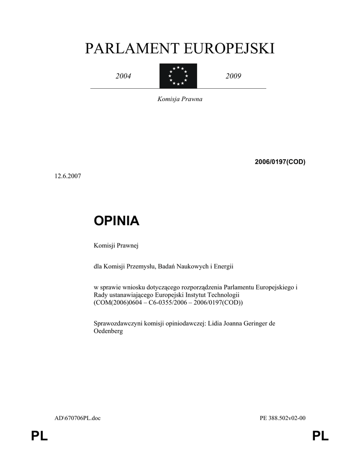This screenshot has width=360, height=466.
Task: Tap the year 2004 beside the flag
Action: (123, 76)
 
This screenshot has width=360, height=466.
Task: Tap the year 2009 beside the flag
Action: (233, 76)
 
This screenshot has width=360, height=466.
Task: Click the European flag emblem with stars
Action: (178, 76)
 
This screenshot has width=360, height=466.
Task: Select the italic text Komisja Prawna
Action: (180, 99)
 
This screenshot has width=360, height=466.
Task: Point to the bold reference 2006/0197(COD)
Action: (280, 162)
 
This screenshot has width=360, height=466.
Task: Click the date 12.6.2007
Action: (68, 176)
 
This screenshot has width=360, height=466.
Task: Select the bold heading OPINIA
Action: (117, 221)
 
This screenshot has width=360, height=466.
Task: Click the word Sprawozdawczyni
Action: (118, 324)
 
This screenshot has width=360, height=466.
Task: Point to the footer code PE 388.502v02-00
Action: (282, 418)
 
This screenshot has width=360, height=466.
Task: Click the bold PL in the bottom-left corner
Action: (39, 437)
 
